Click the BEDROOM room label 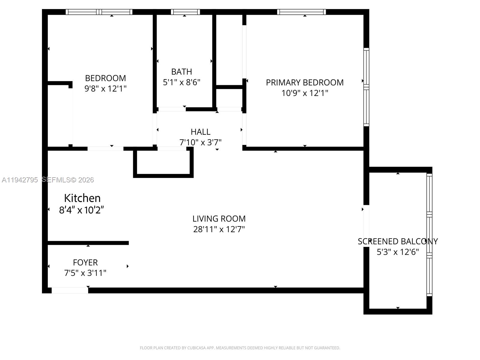[x=105, y=78]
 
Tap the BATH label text [x=181, y=72]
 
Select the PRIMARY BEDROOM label [x=304, y=82]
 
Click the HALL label [x=200, y=132]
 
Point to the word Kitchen [x=82, y=198]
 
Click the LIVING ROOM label [x=219, y=219]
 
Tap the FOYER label [x=85, y=262]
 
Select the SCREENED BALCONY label [x=397, y=241]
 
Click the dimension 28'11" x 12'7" [x=219, y=229]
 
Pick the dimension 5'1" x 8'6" [x=181, y=82]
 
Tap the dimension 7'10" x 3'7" [x=200, y=142]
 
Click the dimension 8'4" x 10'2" [x=82, y=210]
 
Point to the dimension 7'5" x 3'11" [x=85, y=273]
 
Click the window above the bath [x=185, y=12]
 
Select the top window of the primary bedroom [x=301, y=12]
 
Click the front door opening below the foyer [x=70, y=290]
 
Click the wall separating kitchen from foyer [x=88, y=243]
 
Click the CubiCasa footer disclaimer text [x=240, y=348]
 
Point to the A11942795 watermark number [x=20, y=180]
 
